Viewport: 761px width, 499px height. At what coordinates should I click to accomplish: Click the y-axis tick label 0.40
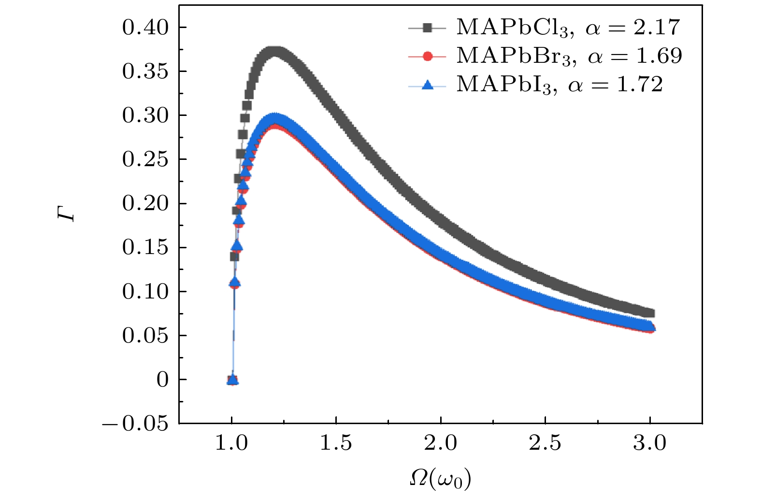point(145,28)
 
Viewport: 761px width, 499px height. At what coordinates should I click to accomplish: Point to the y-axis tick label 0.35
point(145,71)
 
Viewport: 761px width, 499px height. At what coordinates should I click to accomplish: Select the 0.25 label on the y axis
point(145,159)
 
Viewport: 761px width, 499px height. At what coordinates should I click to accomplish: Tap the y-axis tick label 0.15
point(145,248)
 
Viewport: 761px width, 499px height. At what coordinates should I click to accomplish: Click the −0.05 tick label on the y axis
point(136,424)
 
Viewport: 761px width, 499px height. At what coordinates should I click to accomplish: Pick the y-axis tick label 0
point(163,380)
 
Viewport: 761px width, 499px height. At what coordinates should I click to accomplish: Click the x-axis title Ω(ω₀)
point(440,479)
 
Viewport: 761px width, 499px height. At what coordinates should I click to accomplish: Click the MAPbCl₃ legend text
point(568,28)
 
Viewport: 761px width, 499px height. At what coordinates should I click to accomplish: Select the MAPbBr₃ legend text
point(569,56)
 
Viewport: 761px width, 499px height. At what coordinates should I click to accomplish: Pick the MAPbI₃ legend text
point(560,85)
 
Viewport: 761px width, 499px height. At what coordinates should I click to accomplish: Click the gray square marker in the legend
point(427,28)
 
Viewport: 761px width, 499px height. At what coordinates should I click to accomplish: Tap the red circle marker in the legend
point(427,57)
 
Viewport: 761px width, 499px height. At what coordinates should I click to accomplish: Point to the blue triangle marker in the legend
point(427,85)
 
